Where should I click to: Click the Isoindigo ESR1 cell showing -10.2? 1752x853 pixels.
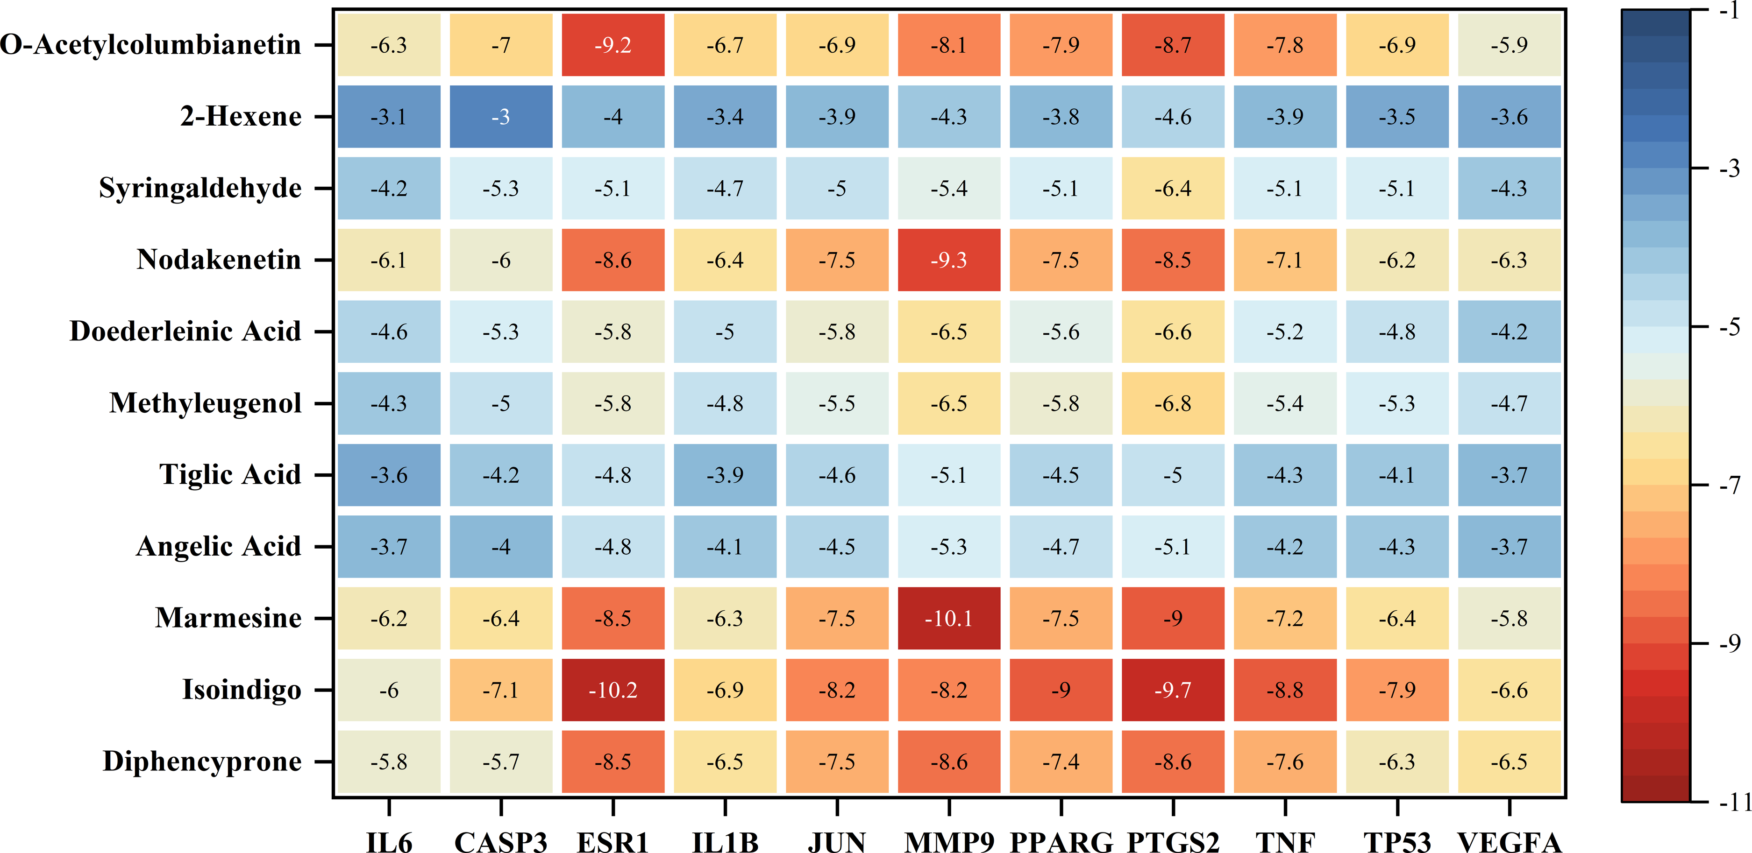tap(613, 690)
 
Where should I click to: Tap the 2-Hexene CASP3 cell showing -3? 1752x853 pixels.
tap(500, 117)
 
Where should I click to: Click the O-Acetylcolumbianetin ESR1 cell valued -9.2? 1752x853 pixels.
tap(613, 45)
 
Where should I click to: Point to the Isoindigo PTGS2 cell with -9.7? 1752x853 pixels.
tap(1173, 690)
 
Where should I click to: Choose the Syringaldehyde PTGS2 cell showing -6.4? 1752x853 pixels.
tap(1173, 188)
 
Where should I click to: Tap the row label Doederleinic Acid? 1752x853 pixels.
tap(185, 331)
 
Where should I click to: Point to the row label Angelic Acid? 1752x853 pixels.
tap(218, 546)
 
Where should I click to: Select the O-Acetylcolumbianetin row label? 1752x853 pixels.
tap(150, 45)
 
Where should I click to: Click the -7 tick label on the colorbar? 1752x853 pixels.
tap(1729, 485)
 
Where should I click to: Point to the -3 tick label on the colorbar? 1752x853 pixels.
tap(1729, 168)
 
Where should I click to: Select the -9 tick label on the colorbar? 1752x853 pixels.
tap(1729, 643)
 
